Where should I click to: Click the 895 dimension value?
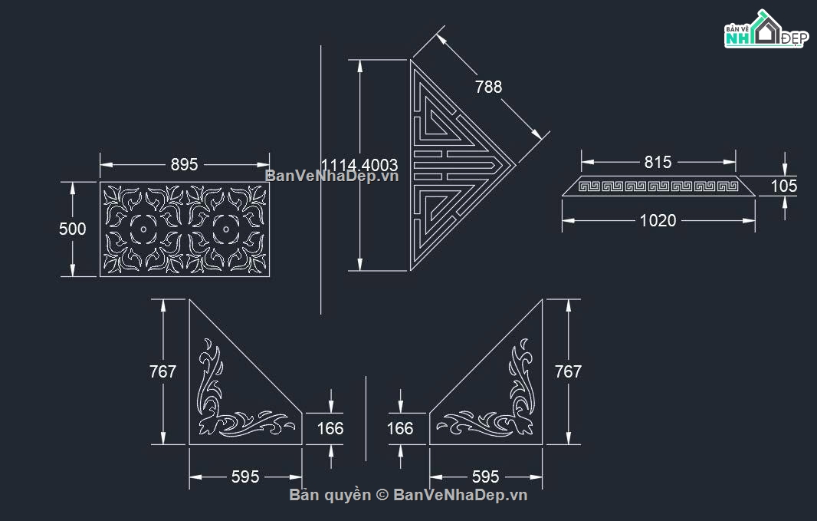click(x=184, y=164)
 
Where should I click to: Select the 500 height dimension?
click(x=73, y=229)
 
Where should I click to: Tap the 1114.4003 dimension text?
click(x=359, y=165)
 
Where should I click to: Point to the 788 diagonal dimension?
click(x=488, y=87)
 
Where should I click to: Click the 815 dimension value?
click(x=658, y=162)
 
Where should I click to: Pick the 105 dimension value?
click(x=784, y=186)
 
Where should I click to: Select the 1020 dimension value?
click(x=658, y=221)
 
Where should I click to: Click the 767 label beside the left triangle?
click(x=162, y=371)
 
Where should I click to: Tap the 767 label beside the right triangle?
click(x=568, y=371)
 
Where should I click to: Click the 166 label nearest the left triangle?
click(x=330, y=428)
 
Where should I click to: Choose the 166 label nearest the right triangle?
click(x=400, y=428)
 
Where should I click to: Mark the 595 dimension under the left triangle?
click(x=245, y=476)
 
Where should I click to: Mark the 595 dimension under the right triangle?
click(x=486, y=476)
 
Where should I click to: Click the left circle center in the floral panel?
click(x=143, y=229)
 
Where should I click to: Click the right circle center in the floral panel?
click(x=225, y=229)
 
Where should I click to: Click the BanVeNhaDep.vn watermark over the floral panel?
click(x=332, y=176)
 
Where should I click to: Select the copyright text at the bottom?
click(x=408, y=495)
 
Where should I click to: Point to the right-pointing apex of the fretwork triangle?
click(x=514, y=164)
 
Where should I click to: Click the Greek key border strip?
click(x=658, y=186)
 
